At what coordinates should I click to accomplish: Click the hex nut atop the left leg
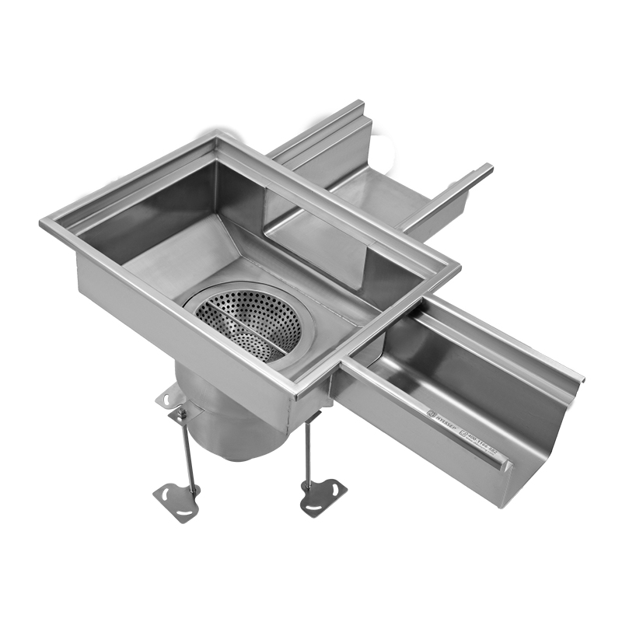point(181,414)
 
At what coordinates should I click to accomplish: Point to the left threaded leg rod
point(185,451)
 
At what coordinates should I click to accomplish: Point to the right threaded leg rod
point(309,451)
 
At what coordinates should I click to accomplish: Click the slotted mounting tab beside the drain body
point(169,397)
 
